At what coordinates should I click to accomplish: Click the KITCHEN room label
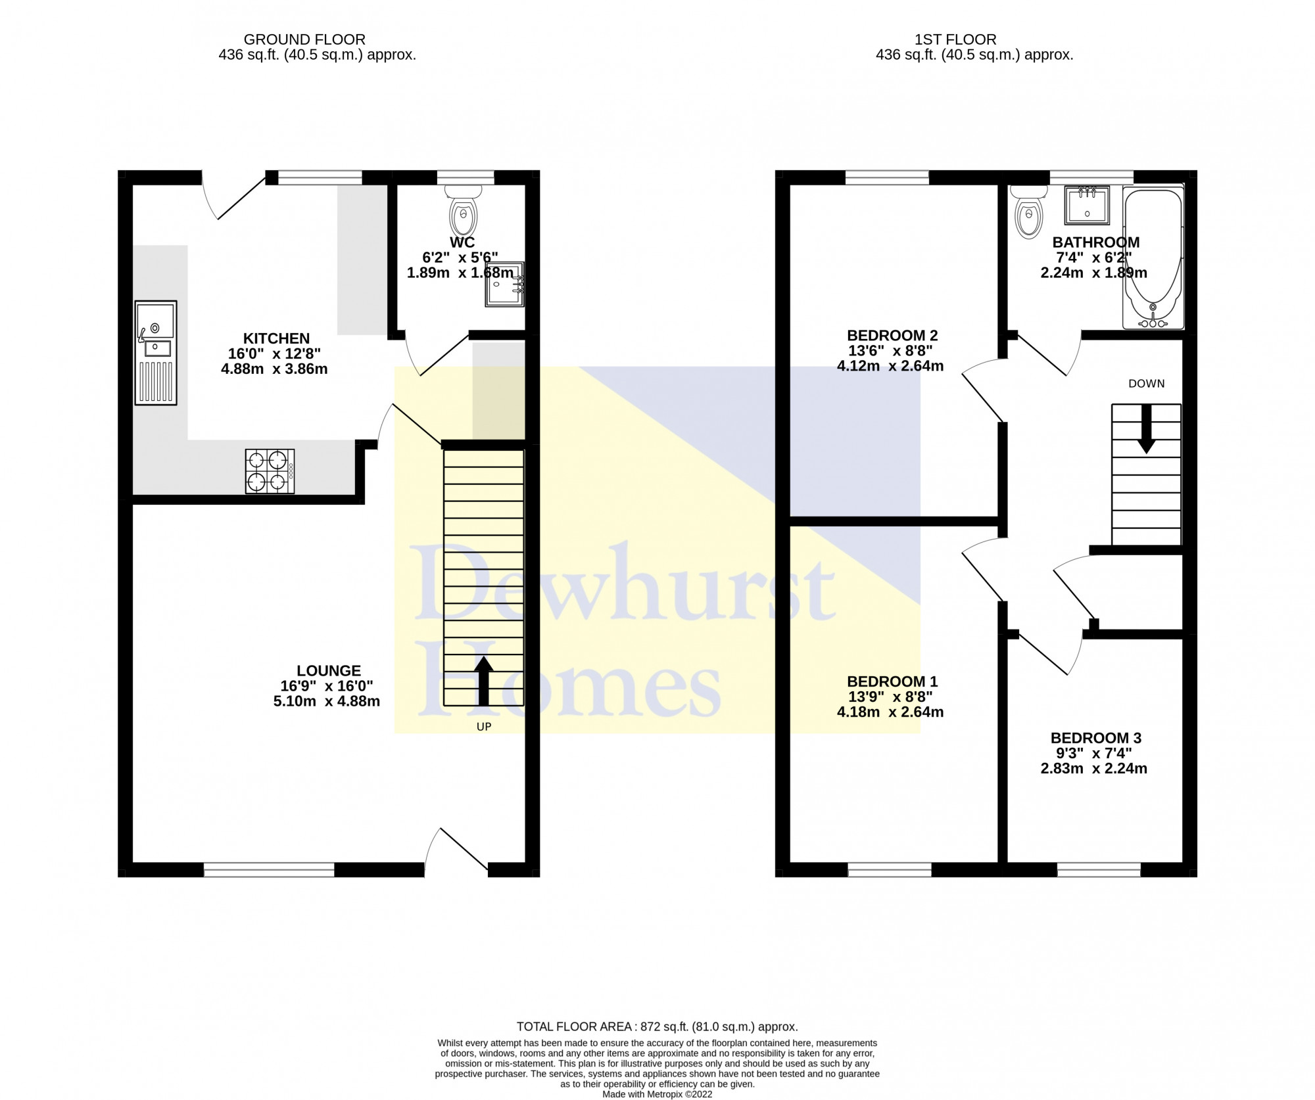pyautogui.click(x=276, y=338)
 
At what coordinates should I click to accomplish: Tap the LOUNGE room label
pyautogui.click(x=329, y=671)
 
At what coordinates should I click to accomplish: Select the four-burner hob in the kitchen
pyautogui.click(x=270, y=471)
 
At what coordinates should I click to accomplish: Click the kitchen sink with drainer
pyautogui.click(x=156, y=353)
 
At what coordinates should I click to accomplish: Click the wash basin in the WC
pyautogui.click(x=505, y=284)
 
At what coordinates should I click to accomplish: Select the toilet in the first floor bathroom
pyautogui.click(x=1028, y=210)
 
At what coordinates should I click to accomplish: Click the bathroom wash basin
pyautogui.click(x=1088, y=204)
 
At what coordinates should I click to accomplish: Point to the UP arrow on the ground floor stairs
pyautogui.click(x=483, y=681)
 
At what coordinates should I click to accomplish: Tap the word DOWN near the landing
pyautogui.click(x=1147, y=384)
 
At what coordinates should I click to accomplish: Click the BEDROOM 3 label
pyautogui.click(x=1096, y=738)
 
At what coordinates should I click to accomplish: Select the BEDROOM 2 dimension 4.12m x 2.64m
pyautogui.click(x=890, y=366)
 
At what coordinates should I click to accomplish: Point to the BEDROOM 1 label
pyautogui.click(x=892, y=681)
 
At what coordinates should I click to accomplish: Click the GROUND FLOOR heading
pyautogui.click(x=304, y=39)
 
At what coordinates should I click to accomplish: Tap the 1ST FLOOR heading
pyautogui.click(x=955, y=39)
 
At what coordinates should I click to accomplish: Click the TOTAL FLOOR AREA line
pyautogui.click(x=657, y=1026)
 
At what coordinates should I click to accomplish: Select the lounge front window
pyautogui.click(x=269, y=870)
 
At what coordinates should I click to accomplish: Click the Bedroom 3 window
pyautogui.click(x=1099, y=870)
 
